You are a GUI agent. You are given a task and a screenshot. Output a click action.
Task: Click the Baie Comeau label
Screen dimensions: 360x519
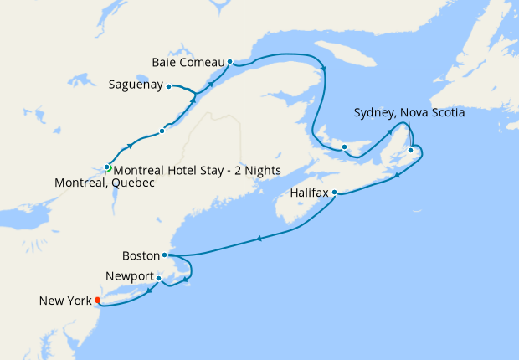pos(188,62)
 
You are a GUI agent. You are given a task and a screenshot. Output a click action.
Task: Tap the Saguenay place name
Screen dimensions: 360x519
pos(136,85)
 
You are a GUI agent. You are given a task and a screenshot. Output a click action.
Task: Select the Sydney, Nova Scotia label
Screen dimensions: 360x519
pos(409,112)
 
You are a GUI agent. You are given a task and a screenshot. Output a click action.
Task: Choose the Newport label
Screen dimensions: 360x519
pos(130,276)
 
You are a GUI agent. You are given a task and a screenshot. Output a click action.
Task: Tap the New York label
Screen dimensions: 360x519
pos(65,301)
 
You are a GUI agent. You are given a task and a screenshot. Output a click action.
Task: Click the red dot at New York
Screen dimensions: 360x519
pos(98,301)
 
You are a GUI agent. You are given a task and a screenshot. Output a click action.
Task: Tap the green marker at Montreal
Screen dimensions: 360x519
pos(107,167)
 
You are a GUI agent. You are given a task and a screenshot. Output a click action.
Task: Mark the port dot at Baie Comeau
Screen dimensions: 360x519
pos(230,62)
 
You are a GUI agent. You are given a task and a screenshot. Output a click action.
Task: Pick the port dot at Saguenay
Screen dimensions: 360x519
pos(169,85)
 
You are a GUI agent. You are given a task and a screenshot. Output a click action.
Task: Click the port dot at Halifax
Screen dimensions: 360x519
pos(335,193)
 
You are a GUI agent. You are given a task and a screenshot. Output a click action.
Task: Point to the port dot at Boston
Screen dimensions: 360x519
pos(165,255)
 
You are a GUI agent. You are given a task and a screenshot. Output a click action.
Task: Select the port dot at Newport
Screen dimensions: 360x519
pos(158,278)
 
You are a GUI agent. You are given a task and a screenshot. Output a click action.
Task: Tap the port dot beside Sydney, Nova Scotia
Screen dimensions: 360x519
pos(410,151)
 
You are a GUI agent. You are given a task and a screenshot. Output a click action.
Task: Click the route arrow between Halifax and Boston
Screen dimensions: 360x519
pos(260,239)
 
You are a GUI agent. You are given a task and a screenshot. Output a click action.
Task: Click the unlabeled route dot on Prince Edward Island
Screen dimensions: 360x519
pos(344,147)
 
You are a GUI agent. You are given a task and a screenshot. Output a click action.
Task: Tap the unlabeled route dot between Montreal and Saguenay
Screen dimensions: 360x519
pos(162,131)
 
